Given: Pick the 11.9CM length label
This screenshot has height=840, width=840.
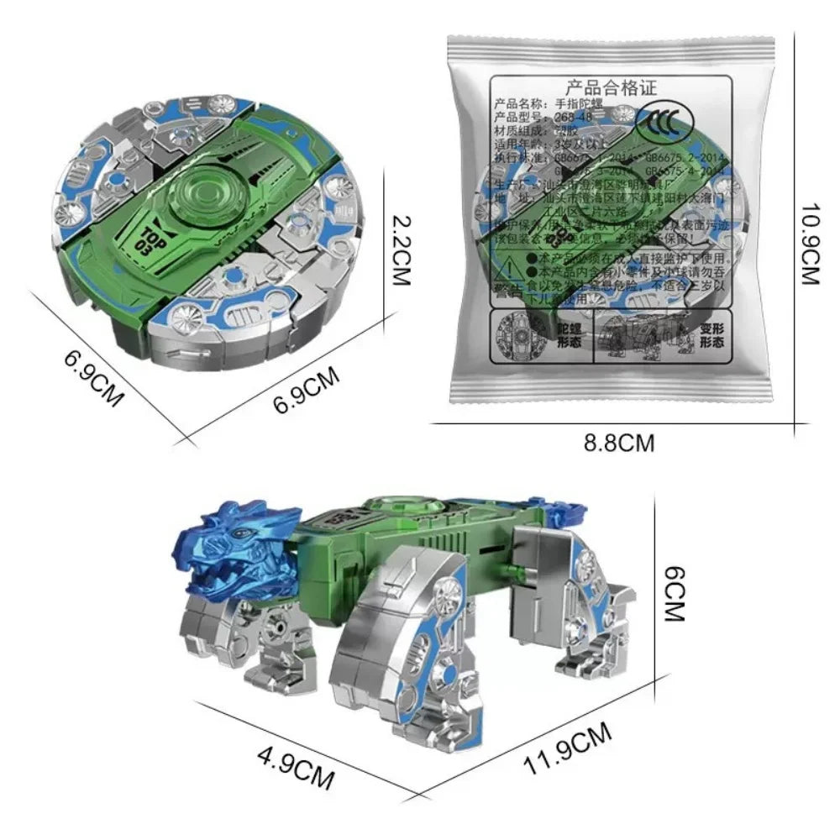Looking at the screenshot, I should tap(569, 754).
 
